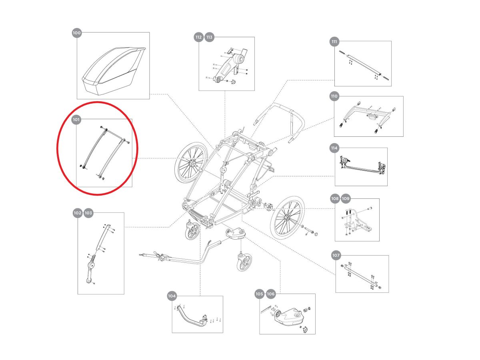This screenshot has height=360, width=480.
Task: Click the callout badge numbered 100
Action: point(77,33)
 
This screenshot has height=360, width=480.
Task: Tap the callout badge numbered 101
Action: point(76,119)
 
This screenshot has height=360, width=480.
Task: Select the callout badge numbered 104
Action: point(172,296)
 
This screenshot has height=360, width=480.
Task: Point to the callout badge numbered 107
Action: point(336,255)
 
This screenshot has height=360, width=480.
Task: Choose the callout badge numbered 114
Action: point(334,148)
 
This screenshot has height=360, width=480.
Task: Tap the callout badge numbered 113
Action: point(210,38)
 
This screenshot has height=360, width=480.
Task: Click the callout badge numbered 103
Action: point(88,213)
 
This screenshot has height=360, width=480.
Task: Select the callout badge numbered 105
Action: point(260,294)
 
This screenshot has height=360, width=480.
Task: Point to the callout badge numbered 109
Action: point(346,198)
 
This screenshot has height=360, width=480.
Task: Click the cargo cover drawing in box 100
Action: point(113,70)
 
